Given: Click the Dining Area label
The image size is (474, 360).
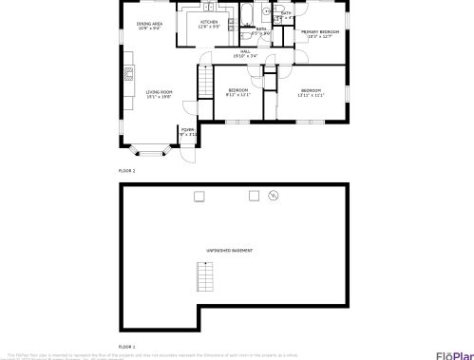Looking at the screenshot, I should (149, 24).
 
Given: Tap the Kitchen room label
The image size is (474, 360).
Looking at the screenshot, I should (209, 21).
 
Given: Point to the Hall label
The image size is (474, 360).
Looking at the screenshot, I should (245, 51).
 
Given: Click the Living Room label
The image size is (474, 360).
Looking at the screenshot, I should (159, 91).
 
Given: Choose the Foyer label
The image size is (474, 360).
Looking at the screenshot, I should (187, 129).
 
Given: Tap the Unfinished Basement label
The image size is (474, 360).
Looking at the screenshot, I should (230, 250).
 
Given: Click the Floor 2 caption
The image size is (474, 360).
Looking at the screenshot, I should (127, 170).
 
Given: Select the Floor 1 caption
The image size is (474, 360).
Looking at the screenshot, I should (127, 347).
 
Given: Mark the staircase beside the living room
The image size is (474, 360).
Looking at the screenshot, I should (203, 84).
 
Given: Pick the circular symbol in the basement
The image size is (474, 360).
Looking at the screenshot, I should (273, 196).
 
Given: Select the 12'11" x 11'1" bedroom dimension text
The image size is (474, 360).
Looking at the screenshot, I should (311, 95).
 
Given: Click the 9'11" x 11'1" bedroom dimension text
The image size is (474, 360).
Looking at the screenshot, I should (237, 95).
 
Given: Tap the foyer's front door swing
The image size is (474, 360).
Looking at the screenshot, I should (187, 153).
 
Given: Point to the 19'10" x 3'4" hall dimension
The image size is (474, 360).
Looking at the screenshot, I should (245, 56).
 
